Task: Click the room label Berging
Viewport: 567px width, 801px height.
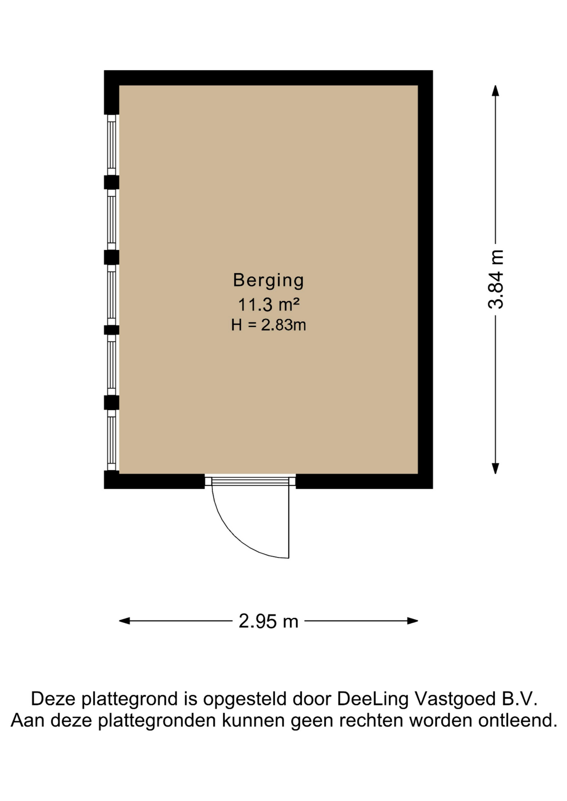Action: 268,280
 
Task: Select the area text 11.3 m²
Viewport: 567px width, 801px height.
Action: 268,305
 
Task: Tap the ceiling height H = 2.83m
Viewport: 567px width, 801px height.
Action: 268,325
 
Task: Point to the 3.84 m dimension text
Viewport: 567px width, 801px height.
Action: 496,279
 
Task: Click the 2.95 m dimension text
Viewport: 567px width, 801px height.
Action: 268,621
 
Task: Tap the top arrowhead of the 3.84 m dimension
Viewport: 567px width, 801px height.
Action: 495,90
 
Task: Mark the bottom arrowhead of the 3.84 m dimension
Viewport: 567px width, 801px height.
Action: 496,469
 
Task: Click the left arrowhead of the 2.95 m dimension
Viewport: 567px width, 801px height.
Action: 124,621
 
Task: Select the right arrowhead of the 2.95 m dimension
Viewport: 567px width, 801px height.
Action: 413,621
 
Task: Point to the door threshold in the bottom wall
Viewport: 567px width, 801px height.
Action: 250,481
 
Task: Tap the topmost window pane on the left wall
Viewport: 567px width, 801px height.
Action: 111,145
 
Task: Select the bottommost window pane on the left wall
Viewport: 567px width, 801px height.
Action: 111,440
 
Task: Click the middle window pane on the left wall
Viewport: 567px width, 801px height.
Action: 111,295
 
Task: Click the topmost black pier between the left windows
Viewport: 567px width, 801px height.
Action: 111,182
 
